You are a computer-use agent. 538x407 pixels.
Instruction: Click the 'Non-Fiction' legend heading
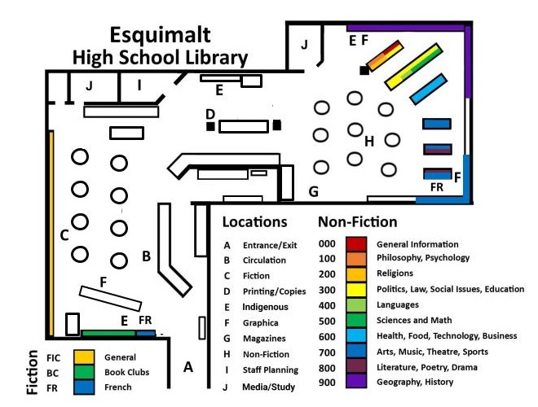coord(357,221)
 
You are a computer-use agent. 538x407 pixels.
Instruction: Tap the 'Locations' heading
coord(254,221)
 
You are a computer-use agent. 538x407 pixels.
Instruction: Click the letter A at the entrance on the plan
coord(188,367)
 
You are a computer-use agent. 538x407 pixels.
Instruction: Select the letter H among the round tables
coord(369,141)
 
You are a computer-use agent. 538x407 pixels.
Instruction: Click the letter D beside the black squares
coord(209,113)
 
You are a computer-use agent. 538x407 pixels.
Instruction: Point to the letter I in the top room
coord(139,85)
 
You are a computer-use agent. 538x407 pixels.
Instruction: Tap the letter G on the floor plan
coord(312,192)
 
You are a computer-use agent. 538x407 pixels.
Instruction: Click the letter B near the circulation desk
coord(146,256)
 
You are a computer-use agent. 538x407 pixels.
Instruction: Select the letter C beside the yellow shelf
coord(64,236)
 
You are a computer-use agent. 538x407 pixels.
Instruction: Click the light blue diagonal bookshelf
coord(428,89)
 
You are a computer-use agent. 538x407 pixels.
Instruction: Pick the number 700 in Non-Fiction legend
coord(327,352)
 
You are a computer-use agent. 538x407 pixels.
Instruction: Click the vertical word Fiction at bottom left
coord(33,373)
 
